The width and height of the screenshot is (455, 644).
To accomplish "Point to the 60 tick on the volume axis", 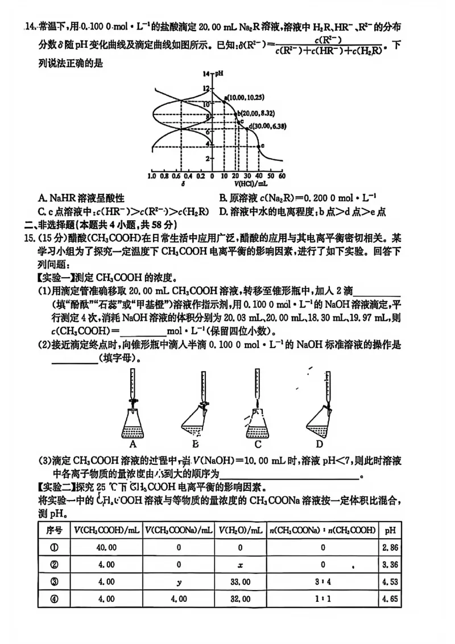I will [282, 176].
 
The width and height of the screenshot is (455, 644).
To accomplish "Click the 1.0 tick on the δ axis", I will [152, 176].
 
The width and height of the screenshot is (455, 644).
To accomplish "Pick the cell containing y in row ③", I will [179, 581].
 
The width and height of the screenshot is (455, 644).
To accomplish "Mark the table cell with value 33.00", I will [239, 581].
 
